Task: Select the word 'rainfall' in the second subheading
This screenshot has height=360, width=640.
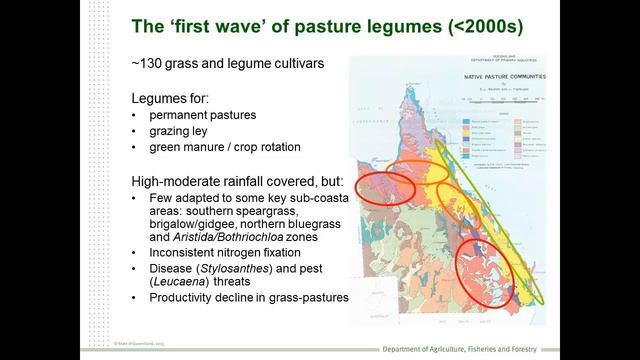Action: tap(235, 183)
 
